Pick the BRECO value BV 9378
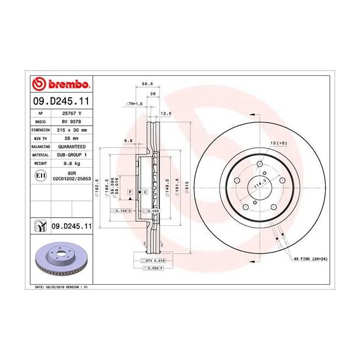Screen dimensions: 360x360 tap(71, 120)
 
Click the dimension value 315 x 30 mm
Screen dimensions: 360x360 tap(71, 129)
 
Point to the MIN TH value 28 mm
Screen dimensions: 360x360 tap(71, 138)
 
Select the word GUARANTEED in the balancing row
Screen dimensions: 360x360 tap(71, 147)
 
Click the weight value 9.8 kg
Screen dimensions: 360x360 tap(71, 164)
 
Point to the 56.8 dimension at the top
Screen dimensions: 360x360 tap(147, 84)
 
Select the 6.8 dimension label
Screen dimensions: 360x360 tap(128, 141)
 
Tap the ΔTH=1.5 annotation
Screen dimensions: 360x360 tap(134, 104)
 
